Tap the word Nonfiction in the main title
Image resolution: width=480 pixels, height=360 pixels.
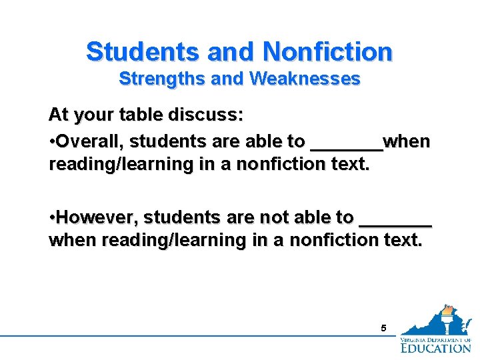coord(327,51)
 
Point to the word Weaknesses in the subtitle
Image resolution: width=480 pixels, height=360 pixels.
coord(305,79)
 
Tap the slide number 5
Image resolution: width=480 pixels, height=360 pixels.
coord(383,328)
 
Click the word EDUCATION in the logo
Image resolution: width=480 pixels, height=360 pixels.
coord(435,347)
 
